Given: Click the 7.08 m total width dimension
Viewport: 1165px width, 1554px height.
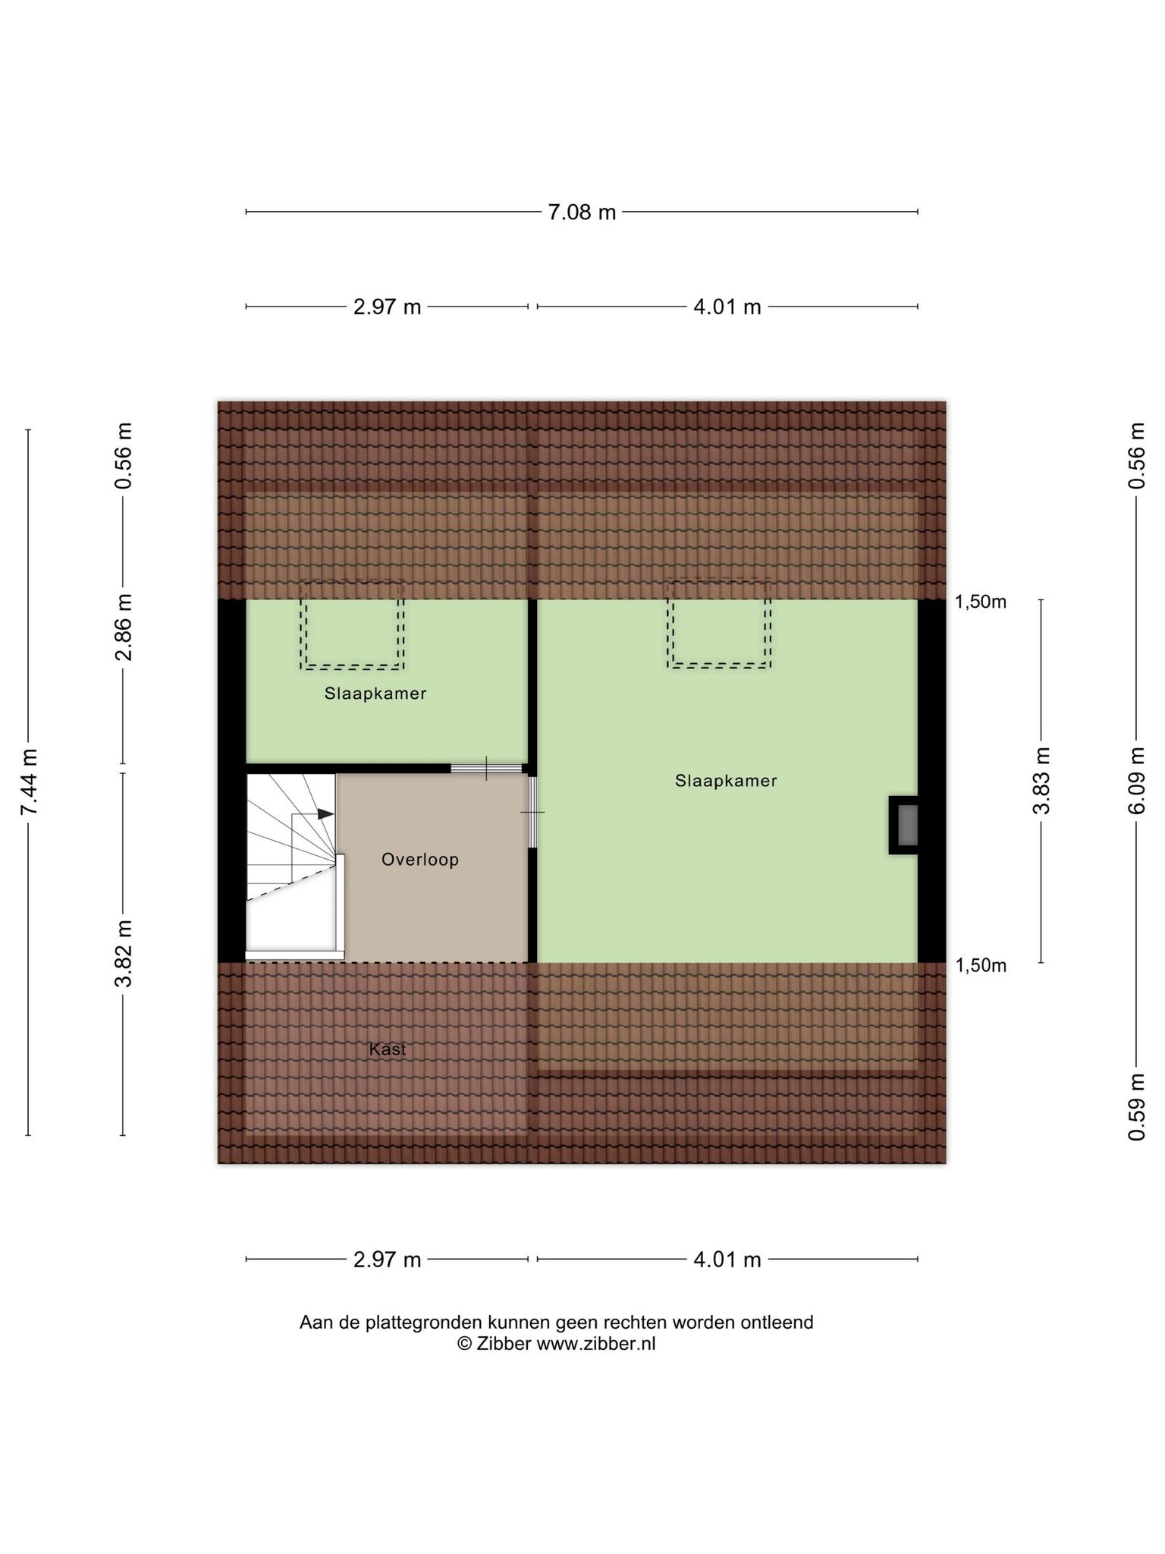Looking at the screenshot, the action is tap(582, 212).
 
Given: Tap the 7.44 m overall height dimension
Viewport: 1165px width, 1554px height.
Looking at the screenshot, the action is tap(29, 782).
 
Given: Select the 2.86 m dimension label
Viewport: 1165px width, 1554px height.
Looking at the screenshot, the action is tap(123, 627).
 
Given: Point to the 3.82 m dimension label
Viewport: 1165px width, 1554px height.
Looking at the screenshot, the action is tap(123, 953).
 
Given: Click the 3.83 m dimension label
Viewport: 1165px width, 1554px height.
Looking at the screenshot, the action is tap(1041, 781).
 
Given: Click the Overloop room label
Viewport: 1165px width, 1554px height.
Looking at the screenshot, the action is tap(420, 860).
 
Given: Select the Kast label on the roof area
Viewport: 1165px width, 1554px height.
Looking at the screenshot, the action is tap(388, 1049).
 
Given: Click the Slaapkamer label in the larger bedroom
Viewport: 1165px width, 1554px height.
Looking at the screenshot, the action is tap(726, 781).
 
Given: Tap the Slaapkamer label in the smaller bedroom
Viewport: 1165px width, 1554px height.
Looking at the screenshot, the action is tap(375, 694).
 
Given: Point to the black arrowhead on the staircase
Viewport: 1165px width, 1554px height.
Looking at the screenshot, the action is tap(325, 813).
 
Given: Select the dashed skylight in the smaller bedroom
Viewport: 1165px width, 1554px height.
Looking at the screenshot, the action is tap(352, 625).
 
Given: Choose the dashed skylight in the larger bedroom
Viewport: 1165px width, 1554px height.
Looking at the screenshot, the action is tap(719, 624).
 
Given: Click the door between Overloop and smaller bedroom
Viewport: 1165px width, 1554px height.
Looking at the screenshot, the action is tap(487, 769).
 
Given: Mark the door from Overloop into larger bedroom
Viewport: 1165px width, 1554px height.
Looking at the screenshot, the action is tap(532, 812).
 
